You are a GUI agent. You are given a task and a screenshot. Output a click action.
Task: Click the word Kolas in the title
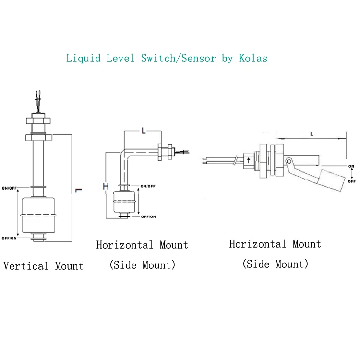pyautogui.click(x=253, y=59)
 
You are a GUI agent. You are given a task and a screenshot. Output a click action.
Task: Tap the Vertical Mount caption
pyautogui.click(x=44, y=266)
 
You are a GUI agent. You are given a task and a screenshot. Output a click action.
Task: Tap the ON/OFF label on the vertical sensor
pyautogui.click(x=10, y=187)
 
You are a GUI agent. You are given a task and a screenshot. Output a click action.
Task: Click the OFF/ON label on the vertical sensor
pyautogui.click(x=10, y=238)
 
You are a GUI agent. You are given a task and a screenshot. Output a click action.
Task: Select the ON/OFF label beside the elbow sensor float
pyautogui.click(x=148, y=186)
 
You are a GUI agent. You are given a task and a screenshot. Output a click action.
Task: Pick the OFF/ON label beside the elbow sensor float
pyautogui.click(x=148, y=216)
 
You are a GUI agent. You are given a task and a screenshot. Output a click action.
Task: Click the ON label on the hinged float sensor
pyautogui.click(x=351, y=166)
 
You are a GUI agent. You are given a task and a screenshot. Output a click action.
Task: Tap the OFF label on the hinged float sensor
pyautogui.click(x=351, y=181)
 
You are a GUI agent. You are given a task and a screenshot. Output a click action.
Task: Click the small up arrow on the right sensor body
pyautogui.click(x=249, y=160)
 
